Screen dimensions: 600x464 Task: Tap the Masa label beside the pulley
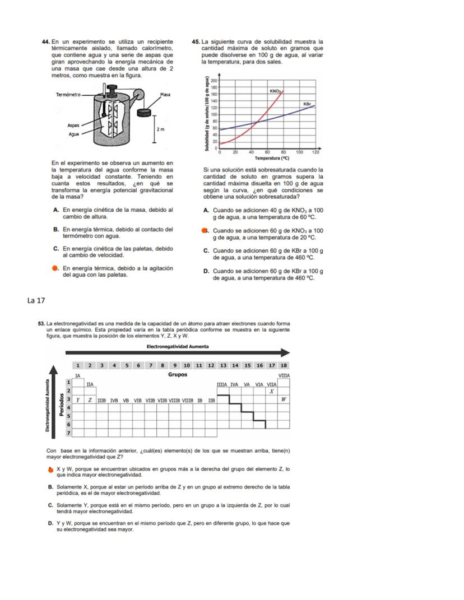pyautogui.click(x=165, y=95)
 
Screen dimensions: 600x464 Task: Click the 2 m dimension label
pyautogui.click(x=160, y=129)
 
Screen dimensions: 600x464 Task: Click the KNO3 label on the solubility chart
pyautogui.click(x=275, y=90)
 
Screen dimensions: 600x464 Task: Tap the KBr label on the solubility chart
pyautogui.click(x=307, y=104)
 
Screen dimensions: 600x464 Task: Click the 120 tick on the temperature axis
pyautogui.click(x=315, y=152)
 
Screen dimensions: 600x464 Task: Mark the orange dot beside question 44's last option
pyautogui.click(x=55, y=268)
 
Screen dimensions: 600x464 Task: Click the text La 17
pyautogui.click(x=36, y=301)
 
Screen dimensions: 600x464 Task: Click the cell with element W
pyautogui.click(x=284, y=399)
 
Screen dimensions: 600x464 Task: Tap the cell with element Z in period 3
pyautogui.click(x=90, y=399)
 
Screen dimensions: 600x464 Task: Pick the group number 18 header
pyautogui.click(x=284, y=365)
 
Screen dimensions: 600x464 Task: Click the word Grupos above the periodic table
pyautogui.click(x=178, y=374)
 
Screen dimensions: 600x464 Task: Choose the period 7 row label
pyautogui.click(x=69, y=433)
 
